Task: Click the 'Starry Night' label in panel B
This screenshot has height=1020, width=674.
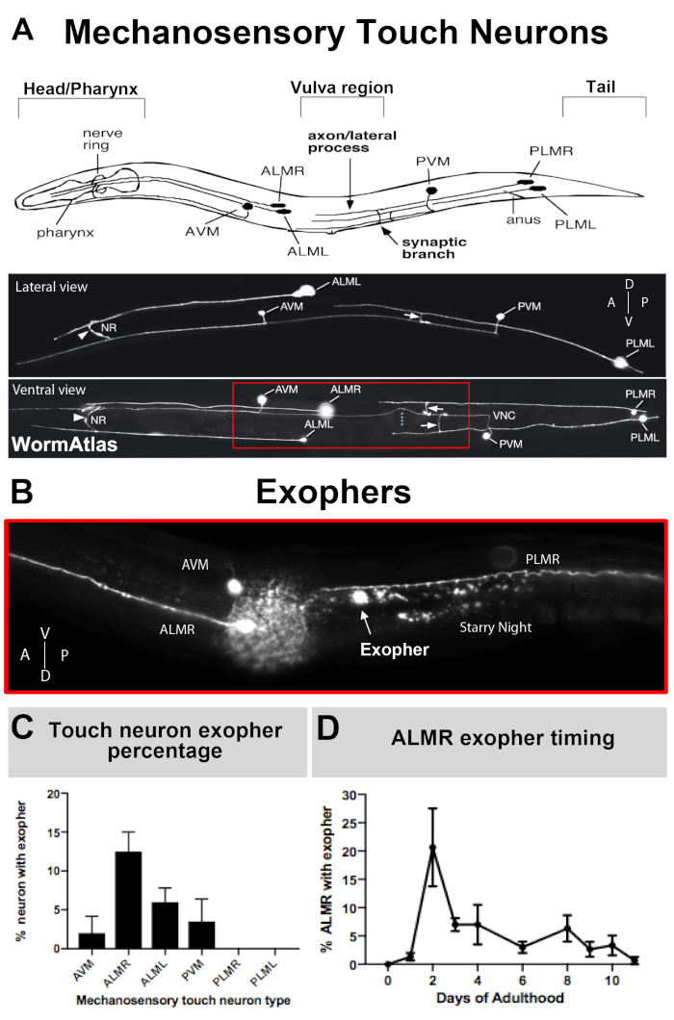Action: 495,626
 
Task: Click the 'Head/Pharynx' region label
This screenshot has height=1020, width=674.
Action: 81,89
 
